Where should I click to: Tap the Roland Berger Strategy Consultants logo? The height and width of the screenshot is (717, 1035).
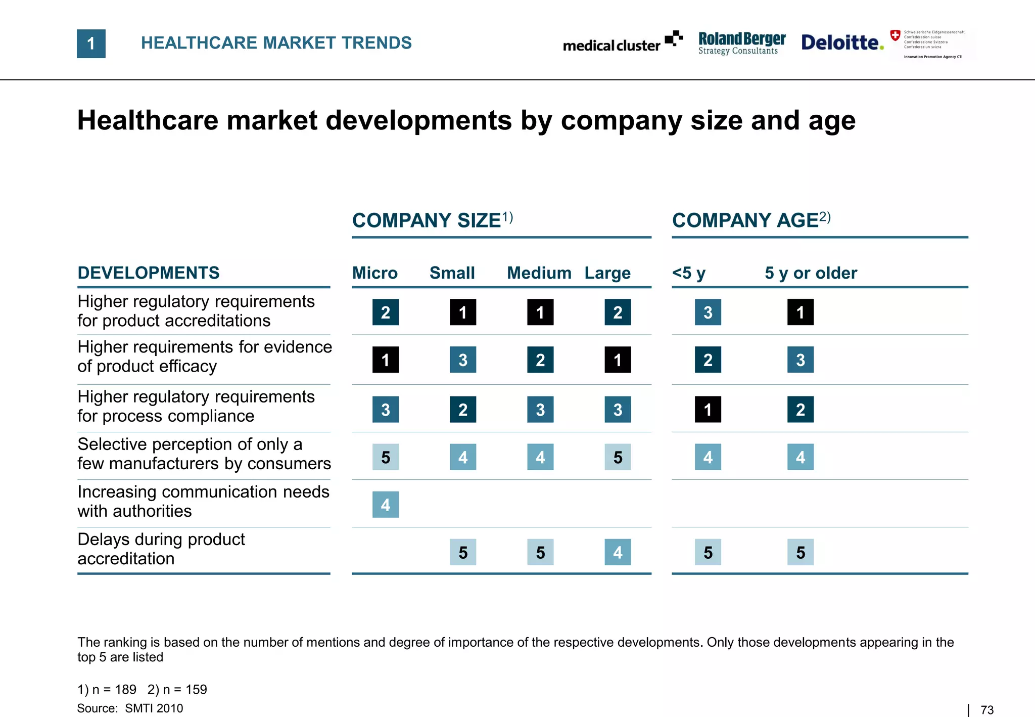click(x=741, y=43)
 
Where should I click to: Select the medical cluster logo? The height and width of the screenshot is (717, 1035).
click(x=622, y=42)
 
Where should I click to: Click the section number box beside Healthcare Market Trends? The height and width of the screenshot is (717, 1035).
click(x=91, y=43)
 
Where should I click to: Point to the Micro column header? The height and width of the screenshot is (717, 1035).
click(x=374, y=273)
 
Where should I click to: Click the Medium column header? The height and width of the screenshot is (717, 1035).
click(x=539, y=273)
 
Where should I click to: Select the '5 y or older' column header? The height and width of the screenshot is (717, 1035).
click(x=811, y=273)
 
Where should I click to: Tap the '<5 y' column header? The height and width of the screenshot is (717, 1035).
click(x=688, y=273)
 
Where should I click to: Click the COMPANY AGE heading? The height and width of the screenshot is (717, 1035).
click(x=751, y=220)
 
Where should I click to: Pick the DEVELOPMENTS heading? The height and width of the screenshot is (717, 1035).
click(x=149, y=273)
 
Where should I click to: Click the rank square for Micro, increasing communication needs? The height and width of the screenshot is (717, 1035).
click(x=386, y=504)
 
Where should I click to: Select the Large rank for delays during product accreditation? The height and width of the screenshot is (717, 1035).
click(x=618, y=552)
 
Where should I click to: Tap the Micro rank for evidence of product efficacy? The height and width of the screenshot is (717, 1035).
click(x=386, y=360)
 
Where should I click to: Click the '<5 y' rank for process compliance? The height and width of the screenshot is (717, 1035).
click(x=708, y=409)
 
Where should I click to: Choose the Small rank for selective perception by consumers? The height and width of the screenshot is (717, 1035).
click(x=463, y=457)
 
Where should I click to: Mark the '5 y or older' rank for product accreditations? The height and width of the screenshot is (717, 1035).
click(x=801, y=312)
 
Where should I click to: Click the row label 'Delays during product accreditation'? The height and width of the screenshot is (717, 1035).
click(x=161, y=549)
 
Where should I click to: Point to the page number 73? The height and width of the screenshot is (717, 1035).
click(x=987, y=710)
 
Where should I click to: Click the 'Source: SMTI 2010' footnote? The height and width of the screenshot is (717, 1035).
click(x=130, y=708)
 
